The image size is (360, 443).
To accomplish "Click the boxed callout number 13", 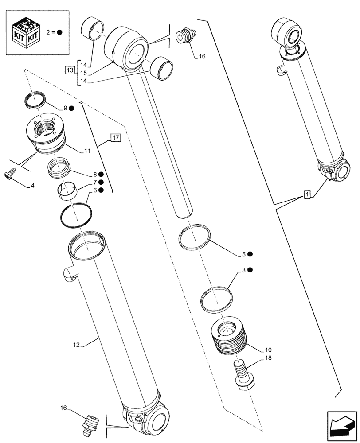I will [70, 70].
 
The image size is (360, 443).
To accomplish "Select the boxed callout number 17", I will [115, 138].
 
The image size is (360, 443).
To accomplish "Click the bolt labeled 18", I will [242, 377].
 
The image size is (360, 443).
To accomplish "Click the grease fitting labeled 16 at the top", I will [185, 35].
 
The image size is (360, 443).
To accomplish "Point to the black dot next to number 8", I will [101, 175].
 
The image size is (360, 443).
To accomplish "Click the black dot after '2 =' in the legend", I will [59, 32].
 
